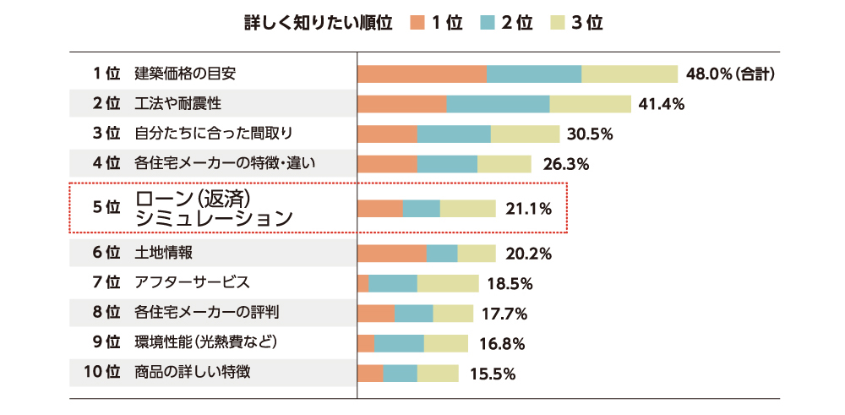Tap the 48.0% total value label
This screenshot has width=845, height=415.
[731, 74]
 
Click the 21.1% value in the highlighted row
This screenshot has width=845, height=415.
[528, 208]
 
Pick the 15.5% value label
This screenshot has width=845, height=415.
[493, 373]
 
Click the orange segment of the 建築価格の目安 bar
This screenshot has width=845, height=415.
[422, 74]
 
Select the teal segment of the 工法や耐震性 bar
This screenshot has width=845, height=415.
[498, 104]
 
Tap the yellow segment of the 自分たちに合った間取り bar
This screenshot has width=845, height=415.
[525, 134]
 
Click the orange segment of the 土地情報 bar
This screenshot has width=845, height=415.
[393, 254]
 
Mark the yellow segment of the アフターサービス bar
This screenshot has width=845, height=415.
[448, 283]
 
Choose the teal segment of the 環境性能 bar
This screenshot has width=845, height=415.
[400, 343]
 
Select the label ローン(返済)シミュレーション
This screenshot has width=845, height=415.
[213, 208]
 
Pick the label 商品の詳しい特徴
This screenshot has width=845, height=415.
[192, 372]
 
